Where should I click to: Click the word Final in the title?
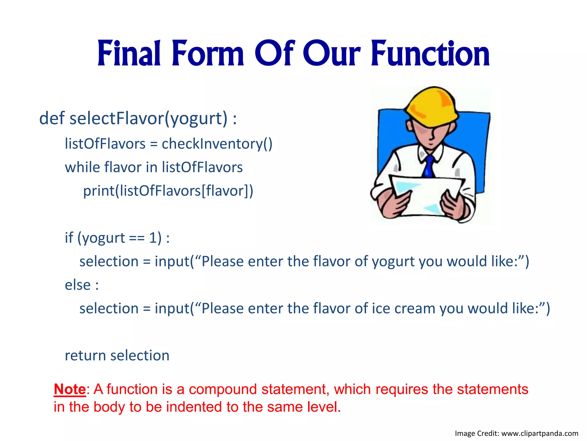(129, 54)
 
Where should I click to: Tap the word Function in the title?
(430, 54)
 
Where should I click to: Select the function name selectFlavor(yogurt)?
(148, 119)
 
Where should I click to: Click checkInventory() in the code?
(217, 144)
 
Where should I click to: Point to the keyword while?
(82, 167)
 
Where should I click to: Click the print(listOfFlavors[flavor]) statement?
(168, 191)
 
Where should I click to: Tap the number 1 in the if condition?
(152, 238)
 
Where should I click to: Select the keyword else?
(78, 285)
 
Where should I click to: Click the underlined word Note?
(70, 390)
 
